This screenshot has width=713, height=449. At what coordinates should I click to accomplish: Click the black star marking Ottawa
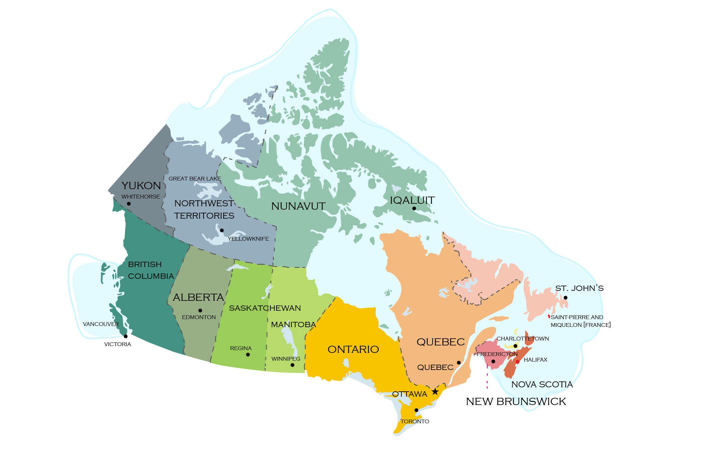(435, 391)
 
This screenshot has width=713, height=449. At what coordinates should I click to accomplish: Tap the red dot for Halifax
(517, 362)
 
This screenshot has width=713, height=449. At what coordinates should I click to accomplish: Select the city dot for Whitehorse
(129, 204)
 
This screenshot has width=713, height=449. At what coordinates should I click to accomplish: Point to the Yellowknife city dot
(222, 230)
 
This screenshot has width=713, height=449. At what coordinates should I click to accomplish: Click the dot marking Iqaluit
(414, 208)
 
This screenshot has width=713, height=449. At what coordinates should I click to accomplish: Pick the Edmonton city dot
(200, 310)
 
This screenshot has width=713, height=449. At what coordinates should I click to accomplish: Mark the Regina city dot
(248, 355)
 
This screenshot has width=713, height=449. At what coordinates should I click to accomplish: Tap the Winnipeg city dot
(292, 365)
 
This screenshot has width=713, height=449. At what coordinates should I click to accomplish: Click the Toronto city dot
(416, 410)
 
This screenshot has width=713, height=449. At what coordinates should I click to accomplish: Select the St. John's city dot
(565, 298)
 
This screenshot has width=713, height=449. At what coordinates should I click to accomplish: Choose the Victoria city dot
(126, 336)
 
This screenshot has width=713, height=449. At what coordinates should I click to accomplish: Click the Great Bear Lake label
(194, 179)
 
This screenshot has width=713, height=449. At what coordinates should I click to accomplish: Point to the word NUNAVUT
(298, 206)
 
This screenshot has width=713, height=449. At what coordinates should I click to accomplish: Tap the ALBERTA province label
(198, 297)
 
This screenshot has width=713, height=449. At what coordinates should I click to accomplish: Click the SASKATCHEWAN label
(265, 308)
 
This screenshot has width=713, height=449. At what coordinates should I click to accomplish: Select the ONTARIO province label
(353, 349)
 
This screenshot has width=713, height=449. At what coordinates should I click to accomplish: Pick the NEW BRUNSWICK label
(516, 402)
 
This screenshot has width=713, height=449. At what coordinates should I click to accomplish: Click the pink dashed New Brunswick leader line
(487, 378)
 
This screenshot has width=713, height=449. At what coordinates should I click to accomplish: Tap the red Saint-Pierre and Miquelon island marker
(549, 317)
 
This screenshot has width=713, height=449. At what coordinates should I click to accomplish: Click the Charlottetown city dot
(515, 346)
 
